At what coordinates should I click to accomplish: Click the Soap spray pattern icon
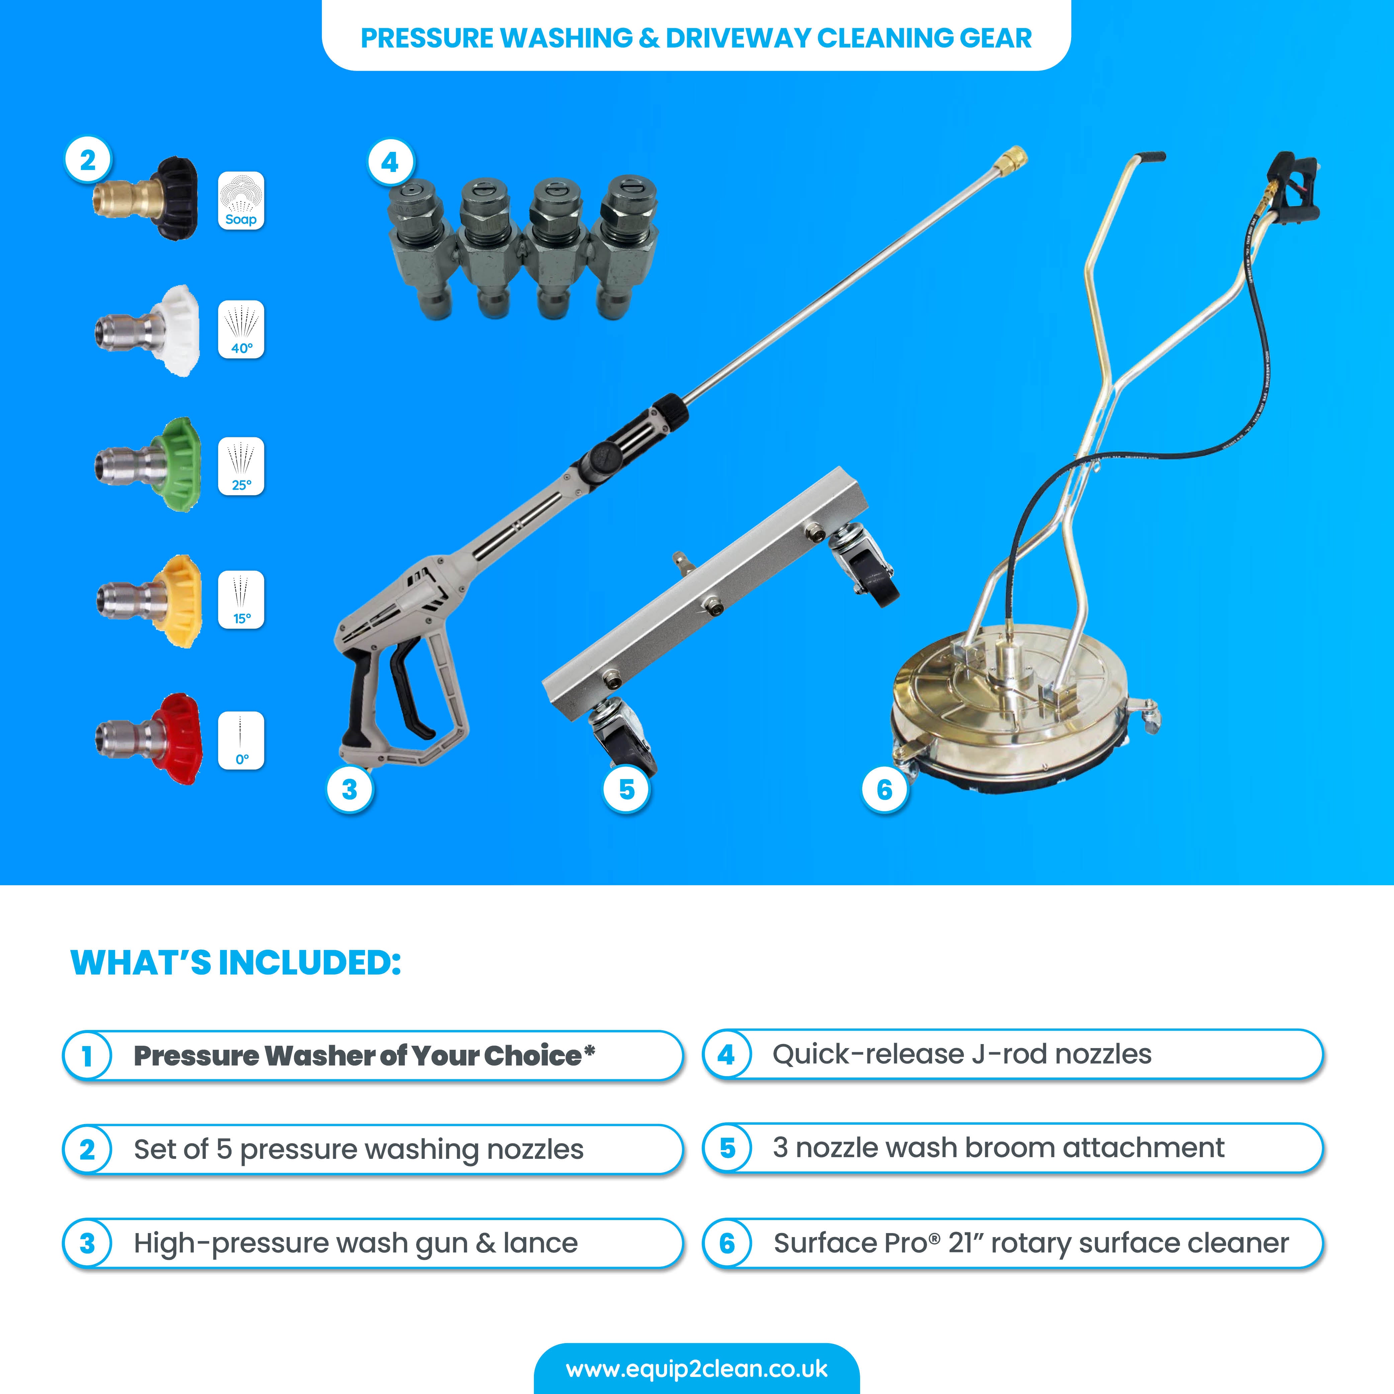point(241,201)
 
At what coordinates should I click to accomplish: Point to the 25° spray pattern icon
point(241,466)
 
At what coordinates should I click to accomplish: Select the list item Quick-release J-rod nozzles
point(962,1054)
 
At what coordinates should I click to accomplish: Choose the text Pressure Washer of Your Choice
point(364,1055)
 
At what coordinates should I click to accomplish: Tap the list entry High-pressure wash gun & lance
point(356,1243)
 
